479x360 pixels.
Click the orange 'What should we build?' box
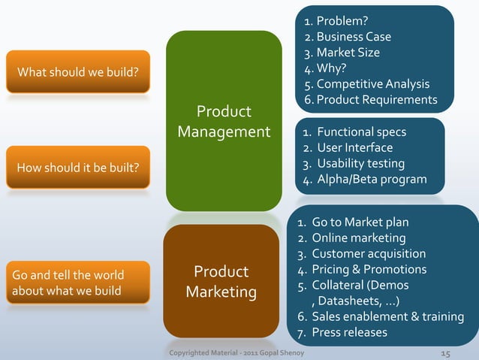click(78, 72)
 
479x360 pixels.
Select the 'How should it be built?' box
click(78, 166)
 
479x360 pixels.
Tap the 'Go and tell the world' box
click(78, 282)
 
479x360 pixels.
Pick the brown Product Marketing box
click(221, 280)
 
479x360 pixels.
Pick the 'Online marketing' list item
click(358, 238)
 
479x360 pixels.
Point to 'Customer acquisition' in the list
click(369, 254)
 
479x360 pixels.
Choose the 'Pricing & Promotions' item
click(369, 269)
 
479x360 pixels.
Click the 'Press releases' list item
click(349, 332)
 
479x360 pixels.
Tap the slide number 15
click(444, 352)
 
